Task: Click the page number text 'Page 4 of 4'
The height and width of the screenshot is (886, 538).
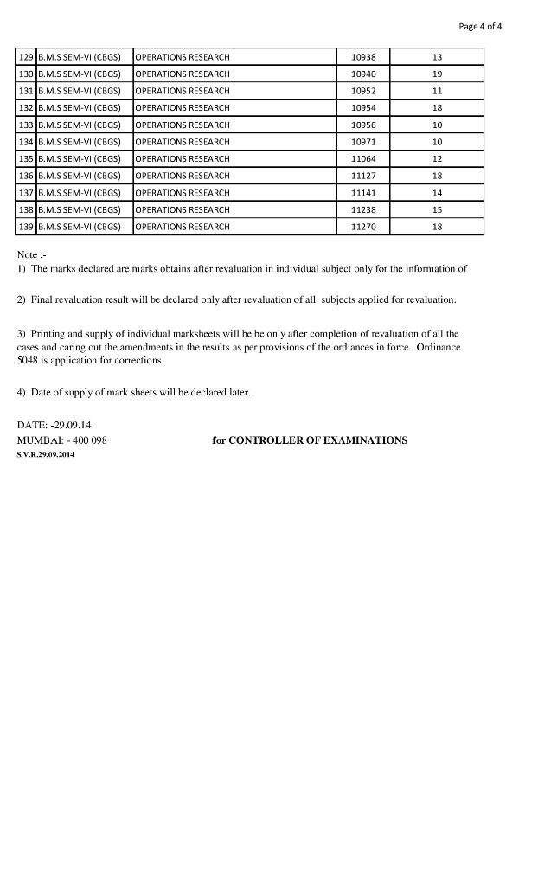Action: tap(480, 26)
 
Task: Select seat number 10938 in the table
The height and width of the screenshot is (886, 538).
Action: tap(363, 57)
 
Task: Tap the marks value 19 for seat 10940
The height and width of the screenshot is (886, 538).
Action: tap(437, 74)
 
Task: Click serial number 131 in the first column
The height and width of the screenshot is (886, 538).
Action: tap(26, 91)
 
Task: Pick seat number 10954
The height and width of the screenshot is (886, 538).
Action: tap(363, 108)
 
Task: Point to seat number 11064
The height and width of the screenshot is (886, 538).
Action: tap(363, 159)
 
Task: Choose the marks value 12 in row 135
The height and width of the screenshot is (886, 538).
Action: tap(437, 159)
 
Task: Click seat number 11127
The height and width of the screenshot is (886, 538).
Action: tap(363, 176)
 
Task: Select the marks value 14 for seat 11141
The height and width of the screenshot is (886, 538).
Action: tap(437, 193)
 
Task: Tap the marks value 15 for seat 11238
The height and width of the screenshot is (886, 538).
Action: tap(437, 209)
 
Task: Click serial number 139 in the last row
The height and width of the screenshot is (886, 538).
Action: tap(26, 227)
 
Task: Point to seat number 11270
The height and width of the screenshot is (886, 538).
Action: tap(363, 227)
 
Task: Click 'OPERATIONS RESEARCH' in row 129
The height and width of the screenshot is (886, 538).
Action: tap(183, 57)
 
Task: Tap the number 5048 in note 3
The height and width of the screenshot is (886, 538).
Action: tap(29, 360)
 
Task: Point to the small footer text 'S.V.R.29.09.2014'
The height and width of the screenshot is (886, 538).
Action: tap(46, 455)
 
